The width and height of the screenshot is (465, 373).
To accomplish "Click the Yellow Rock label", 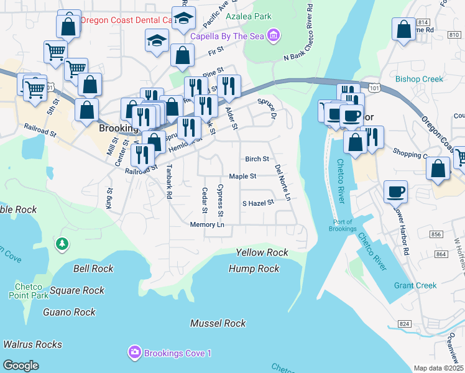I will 262,252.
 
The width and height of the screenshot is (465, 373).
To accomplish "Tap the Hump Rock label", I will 254,269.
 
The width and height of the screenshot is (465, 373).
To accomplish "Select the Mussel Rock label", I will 218,323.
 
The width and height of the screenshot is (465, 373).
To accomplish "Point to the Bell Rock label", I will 93,269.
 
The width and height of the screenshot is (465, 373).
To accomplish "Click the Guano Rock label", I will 69,312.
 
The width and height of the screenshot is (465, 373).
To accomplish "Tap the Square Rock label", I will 77,290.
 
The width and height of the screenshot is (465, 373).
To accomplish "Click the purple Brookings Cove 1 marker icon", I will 135,353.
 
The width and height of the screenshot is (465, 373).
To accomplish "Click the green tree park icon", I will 62,244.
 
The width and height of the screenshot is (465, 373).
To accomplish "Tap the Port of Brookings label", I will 343,226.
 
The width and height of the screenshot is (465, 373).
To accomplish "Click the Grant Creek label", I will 415,286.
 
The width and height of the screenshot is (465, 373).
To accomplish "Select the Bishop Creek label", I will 420,79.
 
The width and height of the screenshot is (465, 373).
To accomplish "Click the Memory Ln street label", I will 207,224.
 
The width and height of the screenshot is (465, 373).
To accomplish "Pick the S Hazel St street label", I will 258,203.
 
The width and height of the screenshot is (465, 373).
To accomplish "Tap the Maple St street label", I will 242,177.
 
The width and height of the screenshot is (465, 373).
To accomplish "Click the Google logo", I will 21,366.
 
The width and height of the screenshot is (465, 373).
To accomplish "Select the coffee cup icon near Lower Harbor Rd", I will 395,191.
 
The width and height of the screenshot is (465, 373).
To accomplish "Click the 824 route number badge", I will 405,325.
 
